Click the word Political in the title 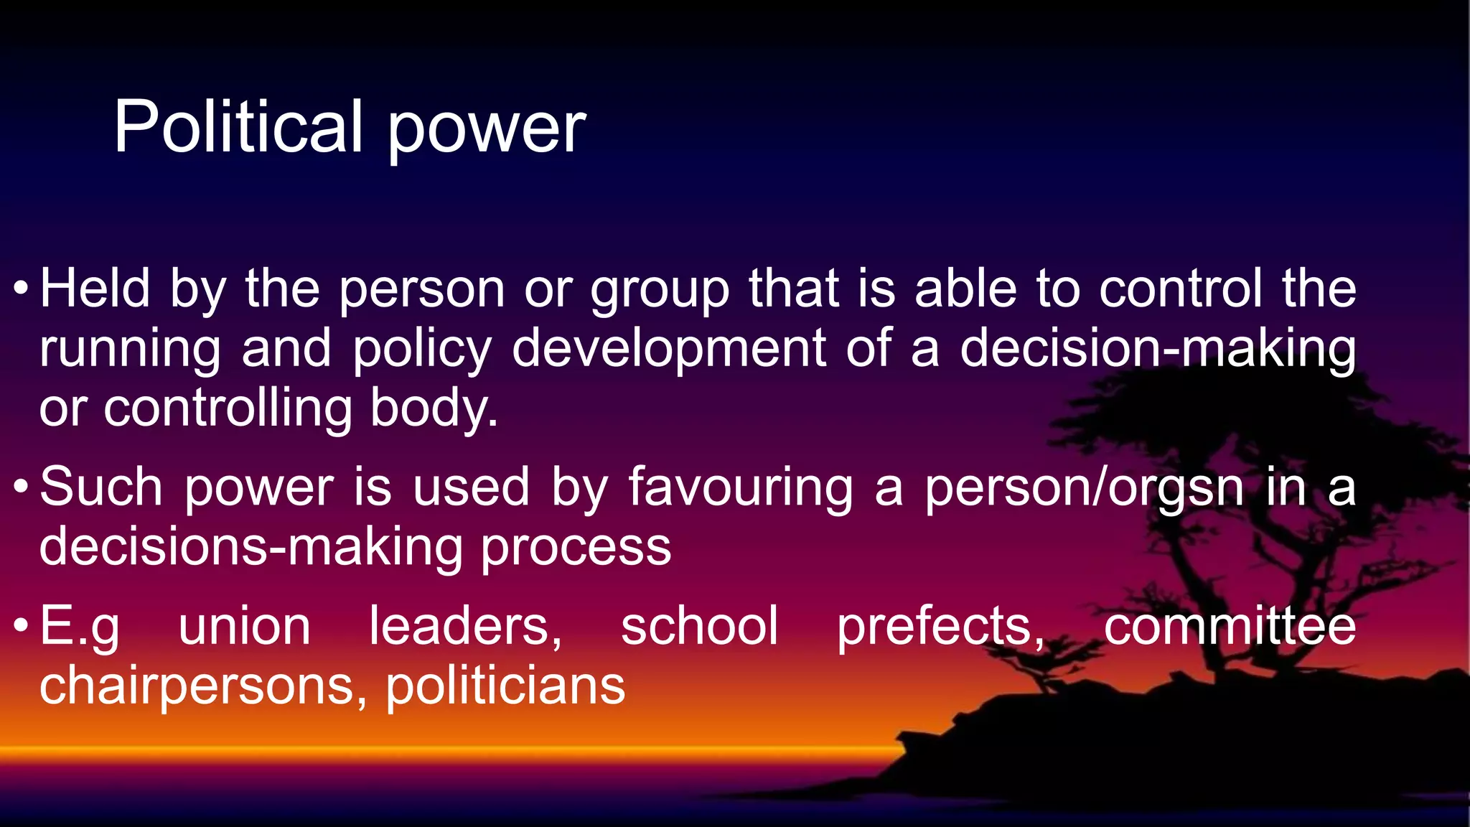[238, 127]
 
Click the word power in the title [487, 130]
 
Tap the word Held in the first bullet [95, 289]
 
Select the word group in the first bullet [660, 291]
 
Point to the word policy [422, 350]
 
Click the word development [669, 350]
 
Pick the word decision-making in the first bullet [1158, 348]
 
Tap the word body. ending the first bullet [434, 409]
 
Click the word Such [101, 487]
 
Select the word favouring [741, 489]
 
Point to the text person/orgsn [1084, 489]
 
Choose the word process [576, 548]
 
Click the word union [244, 626]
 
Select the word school [699, 626]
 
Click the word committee [1230, 626]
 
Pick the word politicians [505, 686]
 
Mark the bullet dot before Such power [21, 487]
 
